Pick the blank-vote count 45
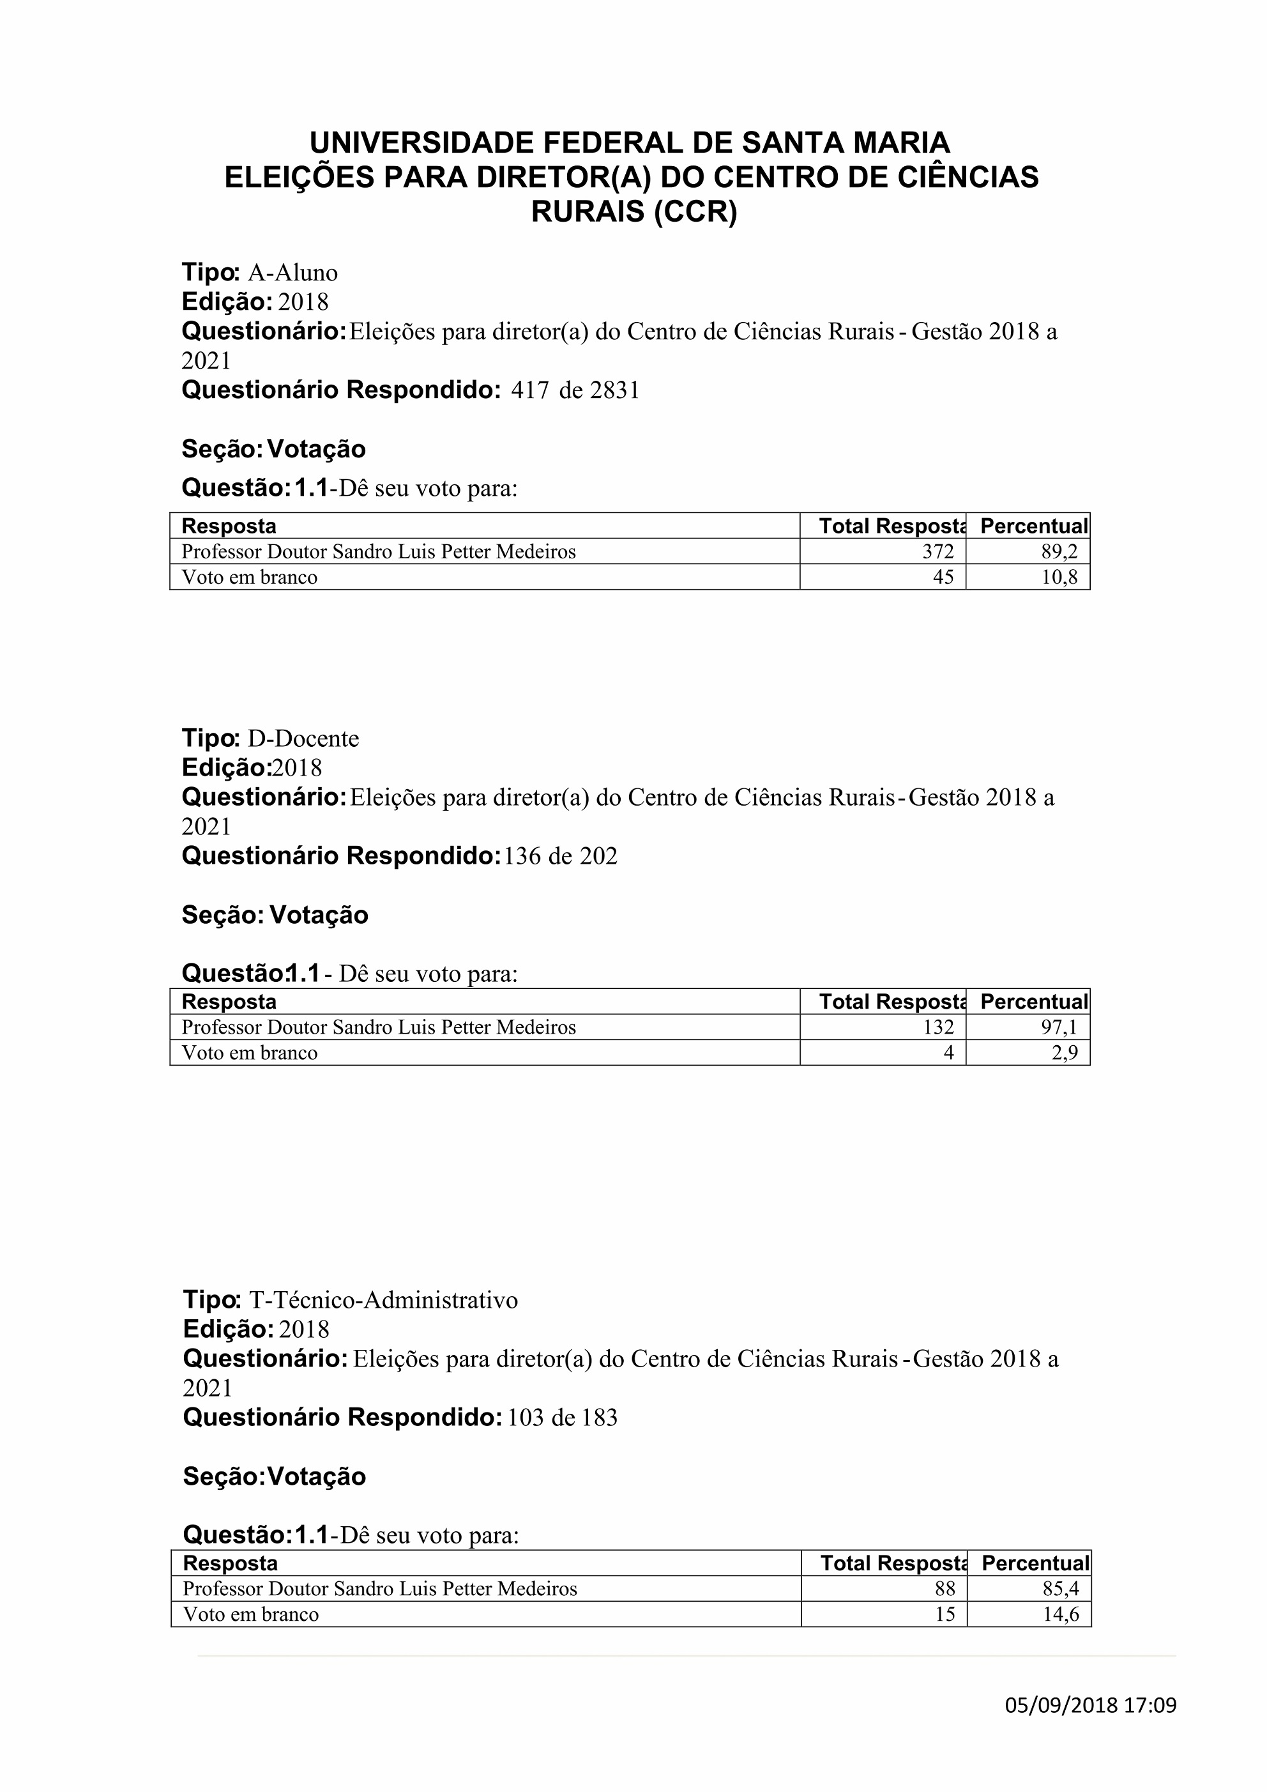[x=943, y=578]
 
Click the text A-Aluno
[x=292, y=273]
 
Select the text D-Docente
[x=303, y=739]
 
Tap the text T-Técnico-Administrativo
[x=383, y=1300]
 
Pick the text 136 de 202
[x=560, y=856]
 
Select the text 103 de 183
[x=562, y=1418]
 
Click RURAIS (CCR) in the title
[x=633, y=212]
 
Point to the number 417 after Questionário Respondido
[x=530, y=390]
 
